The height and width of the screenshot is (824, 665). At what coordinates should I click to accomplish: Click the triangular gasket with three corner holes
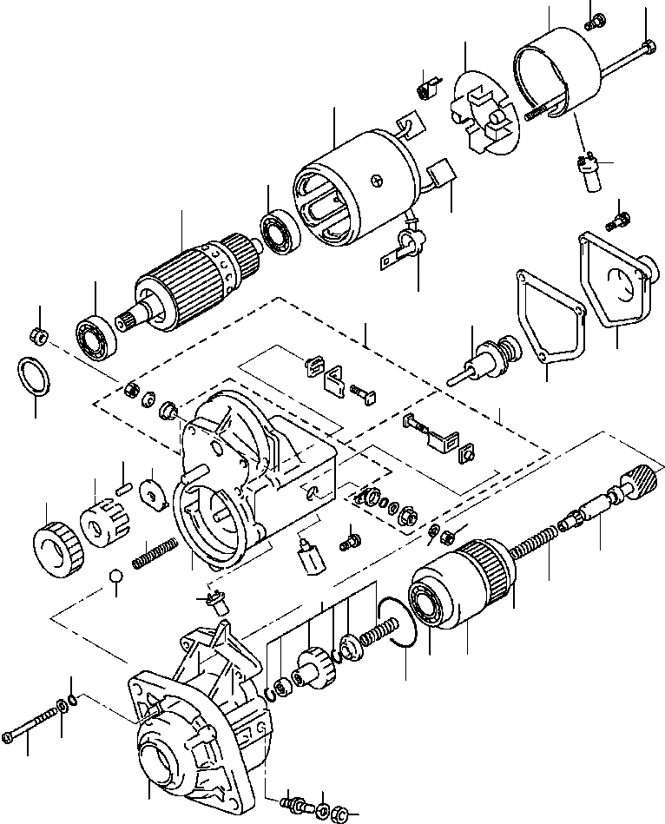pos(545,317)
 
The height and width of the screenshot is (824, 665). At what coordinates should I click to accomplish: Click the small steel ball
pos(115,577)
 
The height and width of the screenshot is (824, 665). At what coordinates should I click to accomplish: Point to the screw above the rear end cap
pos(596,21)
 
